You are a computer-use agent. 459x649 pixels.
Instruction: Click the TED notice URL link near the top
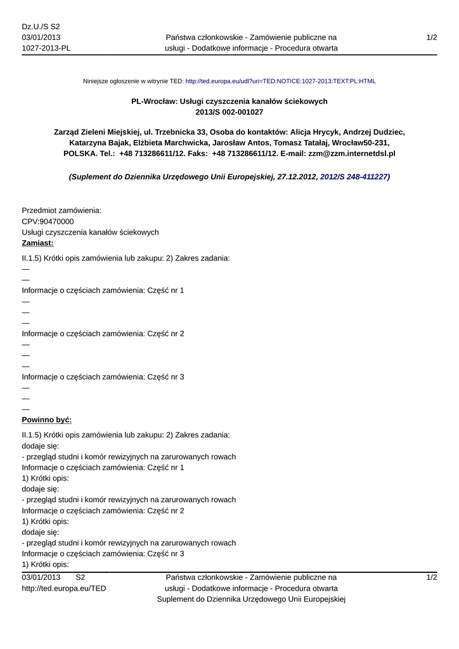280,81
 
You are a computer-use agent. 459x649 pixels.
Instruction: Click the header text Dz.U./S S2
41,27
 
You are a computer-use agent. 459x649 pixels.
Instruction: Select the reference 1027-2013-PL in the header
46,48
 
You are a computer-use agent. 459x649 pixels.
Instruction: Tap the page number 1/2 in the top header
432,38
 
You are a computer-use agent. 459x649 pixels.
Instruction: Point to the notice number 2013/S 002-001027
229,112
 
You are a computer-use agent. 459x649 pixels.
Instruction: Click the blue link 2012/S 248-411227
353,177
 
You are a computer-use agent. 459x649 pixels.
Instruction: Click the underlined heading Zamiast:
37,243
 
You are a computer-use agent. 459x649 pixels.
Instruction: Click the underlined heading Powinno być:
46,420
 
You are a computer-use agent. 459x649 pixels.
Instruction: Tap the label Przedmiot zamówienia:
61,210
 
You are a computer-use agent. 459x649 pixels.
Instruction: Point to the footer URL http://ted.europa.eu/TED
63,588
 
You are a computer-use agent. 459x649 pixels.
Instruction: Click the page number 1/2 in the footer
432,577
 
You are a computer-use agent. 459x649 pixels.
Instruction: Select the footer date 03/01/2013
41,577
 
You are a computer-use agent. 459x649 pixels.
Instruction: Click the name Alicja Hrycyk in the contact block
314,132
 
